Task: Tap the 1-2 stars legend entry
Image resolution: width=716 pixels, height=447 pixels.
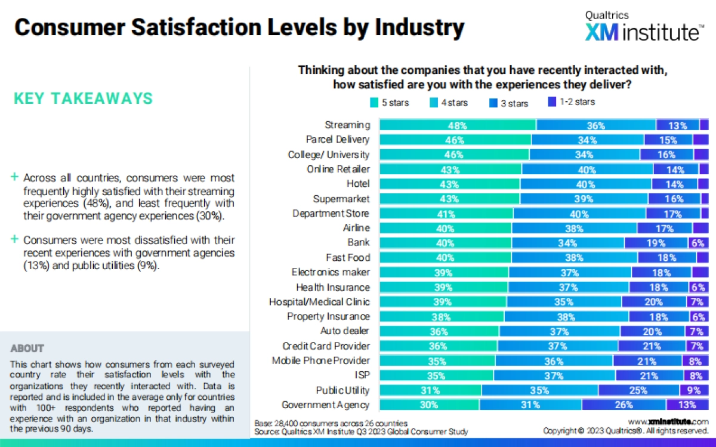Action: [571, 102]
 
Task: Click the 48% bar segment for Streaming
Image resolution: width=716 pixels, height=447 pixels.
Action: [458, 125]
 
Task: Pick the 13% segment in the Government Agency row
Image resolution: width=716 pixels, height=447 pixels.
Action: [687, 405]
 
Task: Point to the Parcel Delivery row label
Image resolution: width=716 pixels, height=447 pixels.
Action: [338, 140]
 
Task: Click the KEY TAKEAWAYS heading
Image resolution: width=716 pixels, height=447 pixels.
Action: [83, 98]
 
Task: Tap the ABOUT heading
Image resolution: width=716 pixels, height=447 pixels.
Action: [27, 348]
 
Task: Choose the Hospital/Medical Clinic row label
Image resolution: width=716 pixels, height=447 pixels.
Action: [319, 302]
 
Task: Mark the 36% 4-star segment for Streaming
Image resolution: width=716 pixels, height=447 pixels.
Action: [595, 125]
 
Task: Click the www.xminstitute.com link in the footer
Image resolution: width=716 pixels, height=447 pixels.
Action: [668, 422]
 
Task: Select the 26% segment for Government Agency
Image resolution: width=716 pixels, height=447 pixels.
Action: [624, 405]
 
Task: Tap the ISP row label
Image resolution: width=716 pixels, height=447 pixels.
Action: [362, 375]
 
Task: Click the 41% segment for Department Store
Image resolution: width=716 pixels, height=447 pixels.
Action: [446, 214]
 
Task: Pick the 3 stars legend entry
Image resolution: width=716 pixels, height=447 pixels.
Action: [508, 103]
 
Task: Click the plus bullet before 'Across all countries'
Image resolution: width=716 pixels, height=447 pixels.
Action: [14, 177]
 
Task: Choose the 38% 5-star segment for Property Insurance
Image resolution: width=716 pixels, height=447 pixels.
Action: [442, 316]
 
